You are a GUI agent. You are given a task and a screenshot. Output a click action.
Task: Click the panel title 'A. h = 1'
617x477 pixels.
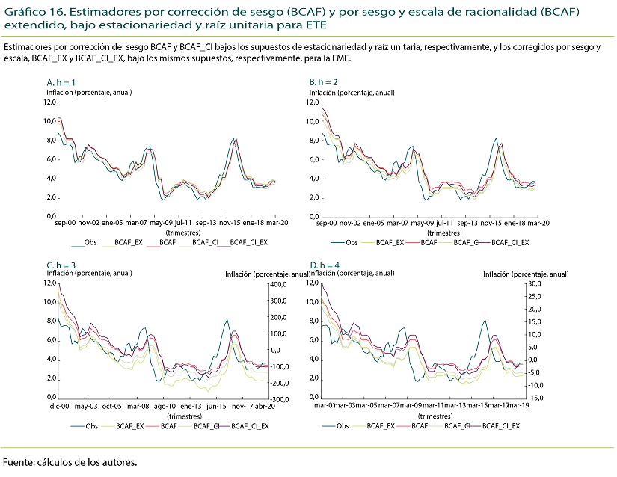(61, 81)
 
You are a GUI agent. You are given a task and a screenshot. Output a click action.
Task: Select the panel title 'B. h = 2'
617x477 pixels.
(324, 81)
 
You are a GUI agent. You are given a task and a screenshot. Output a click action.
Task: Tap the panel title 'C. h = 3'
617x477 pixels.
(61, 265)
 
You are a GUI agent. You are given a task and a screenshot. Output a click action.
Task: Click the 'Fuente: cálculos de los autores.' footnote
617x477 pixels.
(70, 462)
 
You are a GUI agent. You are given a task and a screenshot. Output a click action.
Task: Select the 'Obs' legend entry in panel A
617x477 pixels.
(90, 243)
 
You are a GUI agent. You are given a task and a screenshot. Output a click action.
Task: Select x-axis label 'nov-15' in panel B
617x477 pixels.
(490, 223)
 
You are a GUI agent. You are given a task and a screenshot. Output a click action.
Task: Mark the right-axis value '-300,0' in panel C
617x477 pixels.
(280, 399)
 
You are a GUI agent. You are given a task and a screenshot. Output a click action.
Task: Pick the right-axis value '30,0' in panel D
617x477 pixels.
(535, 284)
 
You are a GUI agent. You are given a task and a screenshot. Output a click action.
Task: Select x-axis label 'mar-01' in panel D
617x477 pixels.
(322, 406)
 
